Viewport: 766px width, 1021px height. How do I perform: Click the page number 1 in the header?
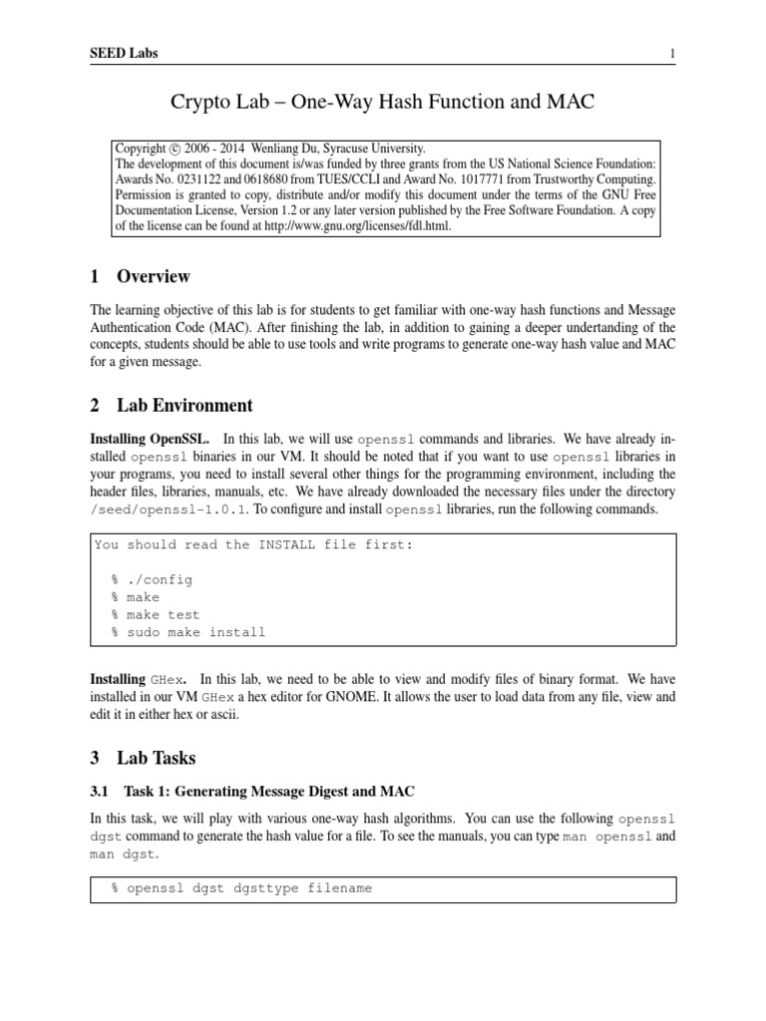pos(673,53)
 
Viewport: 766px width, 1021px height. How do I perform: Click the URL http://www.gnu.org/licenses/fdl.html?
pos(368,225)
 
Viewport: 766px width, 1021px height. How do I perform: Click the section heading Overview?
pos(154,276)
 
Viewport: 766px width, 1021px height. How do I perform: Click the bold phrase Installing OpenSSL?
pos(151,439)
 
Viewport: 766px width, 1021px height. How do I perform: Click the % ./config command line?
pos(153,579)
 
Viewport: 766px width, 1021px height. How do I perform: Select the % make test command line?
pos(156,615)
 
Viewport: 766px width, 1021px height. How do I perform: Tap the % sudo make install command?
pos(189,632)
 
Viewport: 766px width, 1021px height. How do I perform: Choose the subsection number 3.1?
pos(101,793)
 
